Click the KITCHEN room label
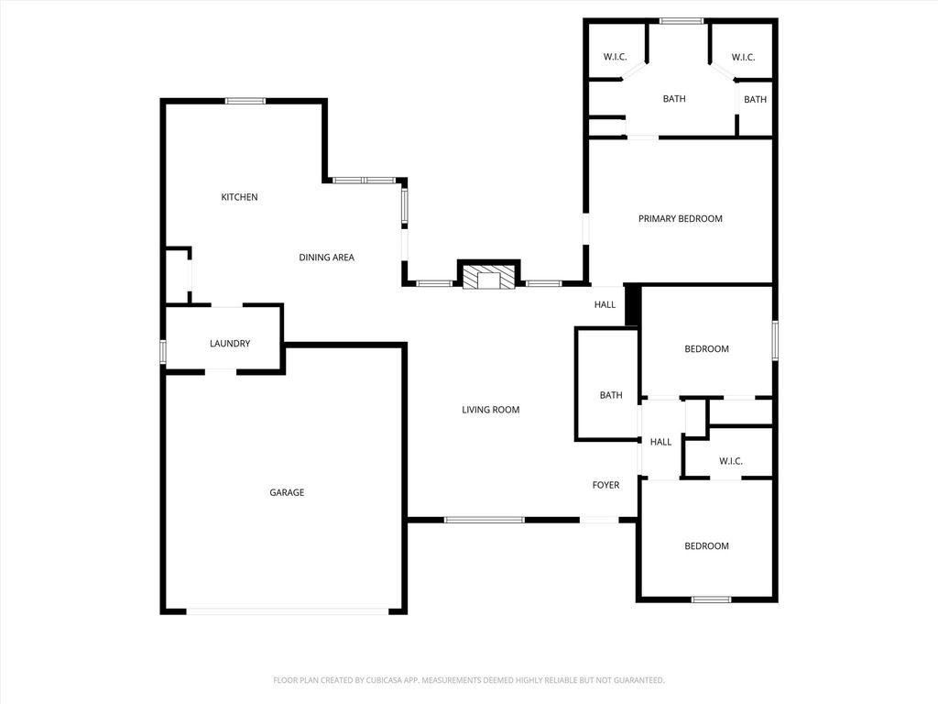(x=239, y=197)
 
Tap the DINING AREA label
(x=327, y=258)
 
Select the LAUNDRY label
(x=230, y=344)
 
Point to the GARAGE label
(x=287, y=492)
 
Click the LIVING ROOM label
(x=491, y=410)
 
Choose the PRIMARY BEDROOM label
(x=681, y=219)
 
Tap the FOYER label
(x=606, y=486)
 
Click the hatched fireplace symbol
(x=489, y=277)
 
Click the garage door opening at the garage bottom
(x=288, y=611)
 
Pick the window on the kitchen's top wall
(x=245, y=101)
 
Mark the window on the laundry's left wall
(x=163, y=351)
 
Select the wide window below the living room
(x=485, y=520)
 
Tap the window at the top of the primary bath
(x=682, y=22)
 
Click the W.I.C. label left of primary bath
(x=615, y=58)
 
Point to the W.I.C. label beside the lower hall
(x=730, y=462)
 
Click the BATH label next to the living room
(x=611, y=396)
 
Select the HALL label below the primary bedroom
(x=605, y=305)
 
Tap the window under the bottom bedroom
(x=711, y=599)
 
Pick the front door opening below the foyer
(x=599, y=520)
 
